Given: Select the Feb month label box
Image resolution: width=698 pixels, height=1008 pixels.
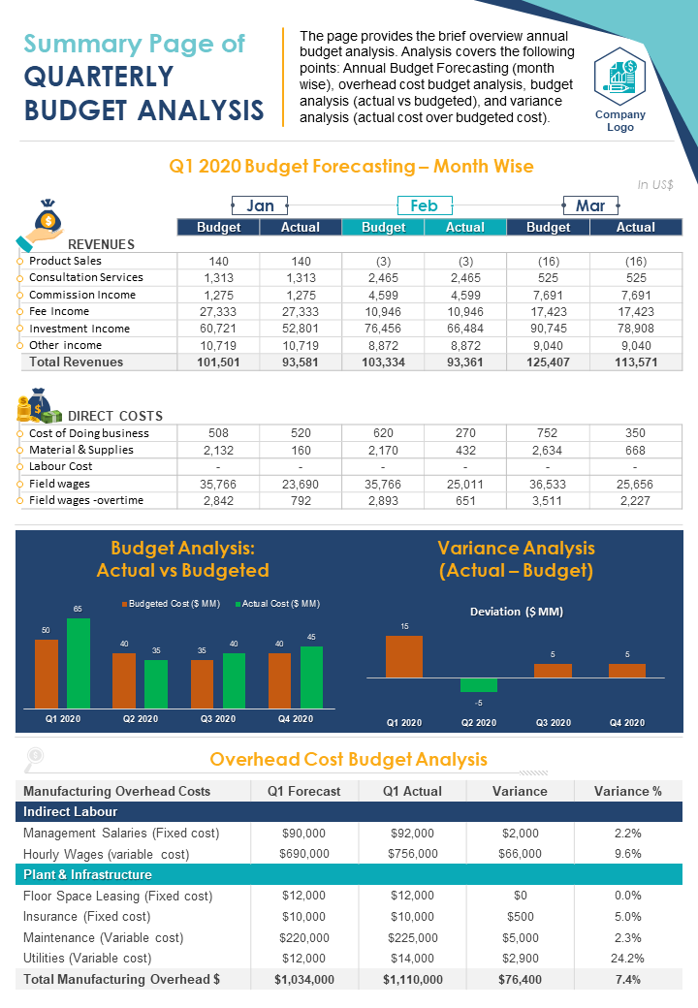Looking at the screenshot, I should click(424, 205).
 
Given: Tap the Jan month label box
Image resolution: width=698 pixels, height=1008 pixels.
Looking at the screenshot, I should click(260, 205).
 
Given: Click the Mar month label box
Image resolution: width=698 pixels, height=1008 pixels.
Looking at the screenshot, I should click(589, 205).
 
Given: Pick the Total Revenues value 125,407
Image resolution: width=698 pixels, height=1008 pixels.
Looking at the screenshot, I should click(548, 362).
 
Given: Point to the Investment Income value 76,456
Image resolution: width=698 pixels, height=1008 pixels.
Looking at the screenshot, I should click(383, 329).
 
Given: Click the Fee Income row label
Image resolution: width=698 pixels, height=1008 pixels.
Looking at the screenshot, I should click(59, 311).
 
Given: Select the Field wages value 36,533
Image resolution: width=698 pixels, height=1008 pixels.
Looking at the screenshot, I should click(548, 483).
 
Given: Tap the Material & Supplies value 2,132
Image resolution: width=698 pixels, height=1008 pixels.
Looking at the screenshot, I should click(218, 450).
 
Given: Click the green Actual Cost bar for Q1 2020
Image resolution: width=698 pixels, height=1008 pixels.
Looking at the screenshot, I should click(79, 663).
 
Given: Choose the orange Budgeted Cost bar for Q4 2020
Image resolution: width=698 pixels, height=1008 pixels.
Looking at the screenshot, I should click(280, 679).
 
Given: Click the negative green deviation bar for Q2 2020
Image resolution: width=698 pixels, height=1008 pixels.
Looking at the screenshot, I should click(479, 684).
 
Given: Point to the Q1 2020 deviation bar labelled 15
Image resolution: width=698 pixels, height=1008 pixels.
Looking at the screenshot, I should click(404, 656).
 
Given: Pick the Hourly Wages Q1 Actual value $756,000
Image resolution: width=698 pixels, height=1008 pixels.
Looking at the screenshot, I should click(412, 854).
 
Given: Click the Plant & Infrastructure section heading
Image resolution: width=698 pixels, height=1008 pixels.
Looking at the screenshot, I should click(87, 874).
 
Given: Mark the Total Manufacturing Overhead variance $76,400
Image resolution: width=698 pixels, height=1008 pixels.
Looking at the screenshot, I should click(520, 979).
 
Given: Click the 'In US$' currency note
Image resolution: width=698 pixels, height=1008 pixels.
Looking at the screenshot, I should click(655, 184).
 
